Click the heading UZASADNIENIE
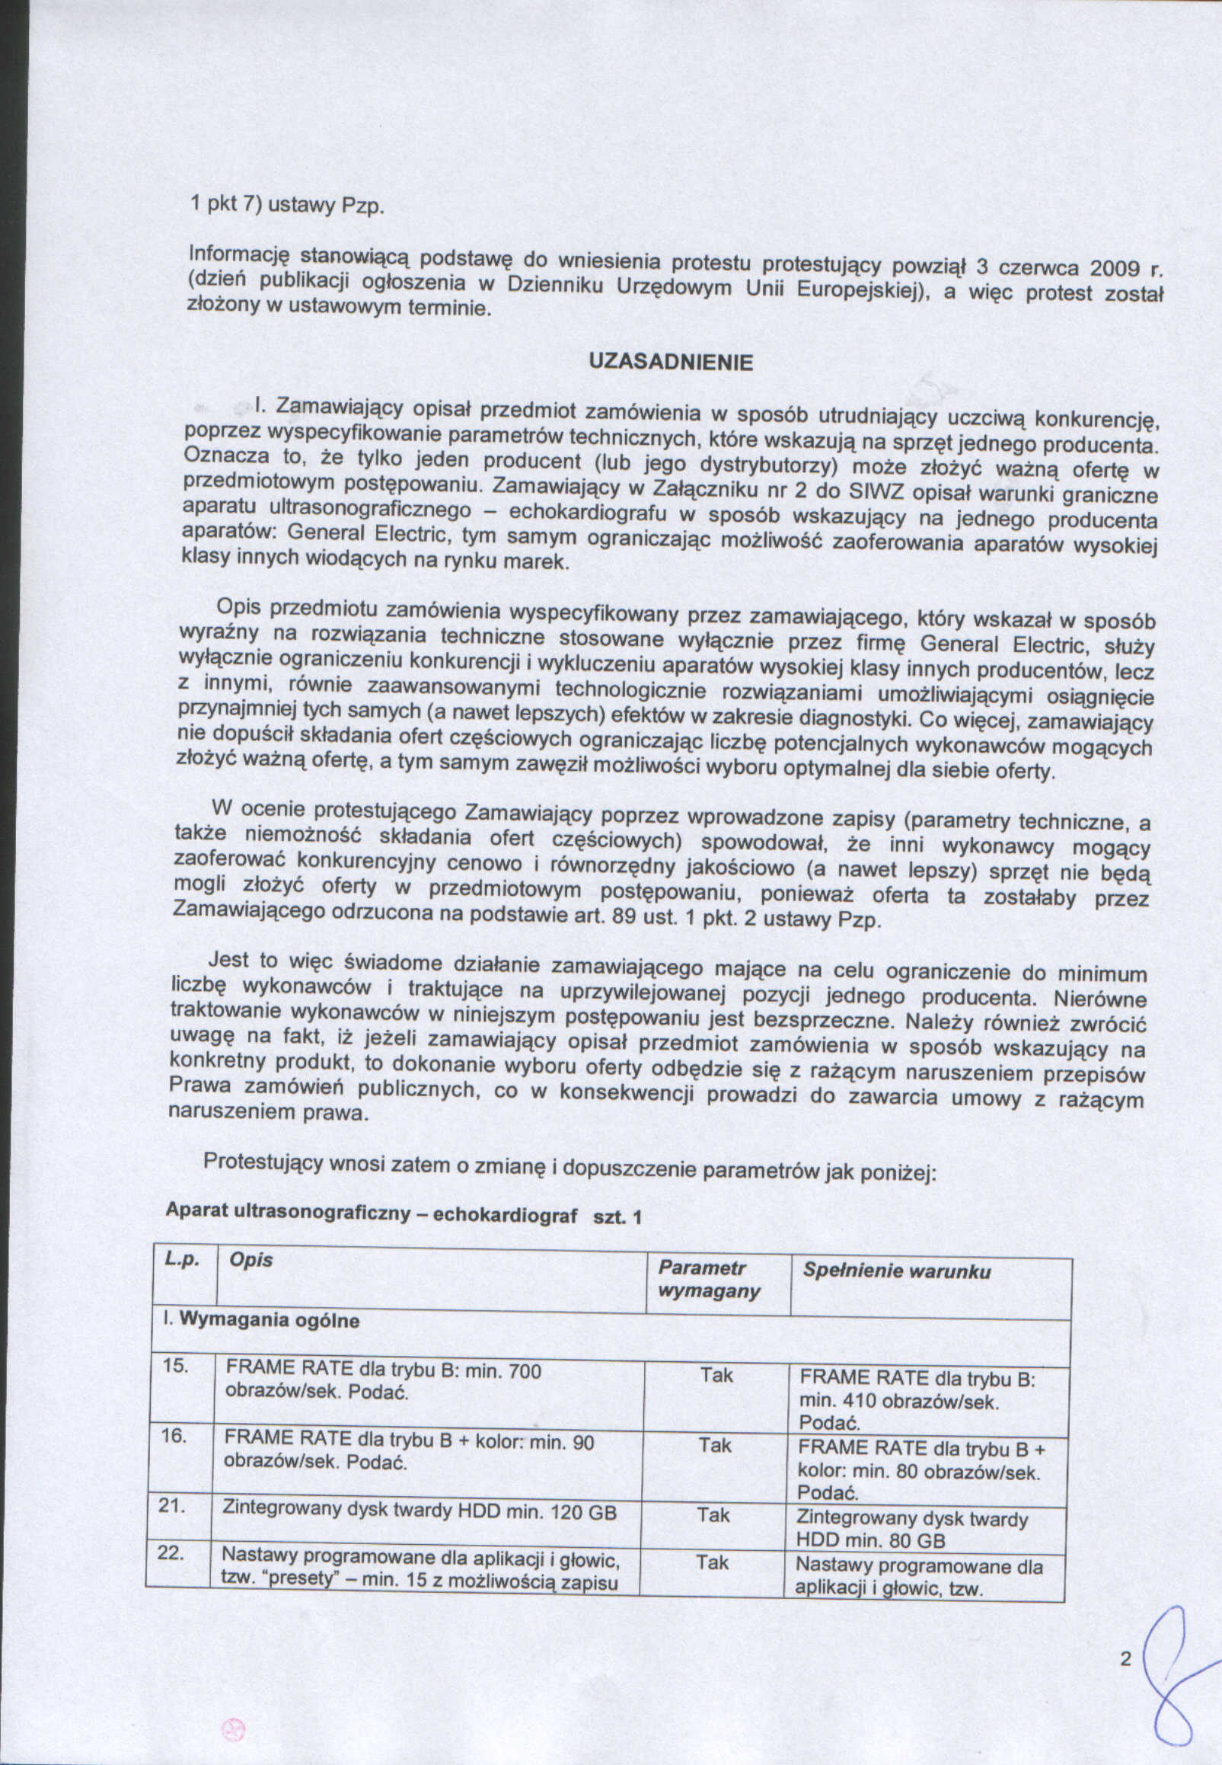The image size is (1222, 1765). tap(671, 363)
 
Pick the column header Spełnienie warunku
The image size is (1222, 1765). tap(897, 1271)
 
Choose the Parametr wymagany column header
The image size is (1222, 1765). tap(709, 1280)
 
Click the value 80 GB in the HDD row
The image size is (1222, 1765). tap(920, 1540)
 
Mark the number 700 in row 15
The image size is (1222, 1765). tap(525, 1370)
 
